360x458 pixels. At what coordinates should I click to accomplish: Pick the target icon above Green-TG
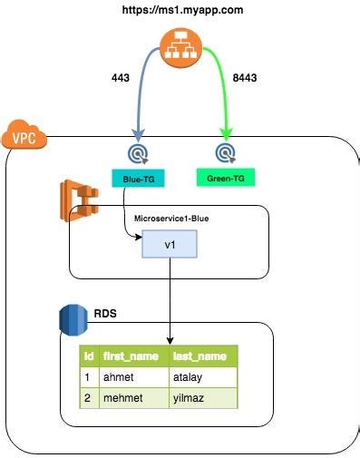click(224, 151)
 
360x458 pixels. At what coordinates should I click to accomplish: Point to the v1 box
click(169, 244)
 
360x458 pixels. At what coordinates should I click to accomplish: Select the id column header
click(89, 356)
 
